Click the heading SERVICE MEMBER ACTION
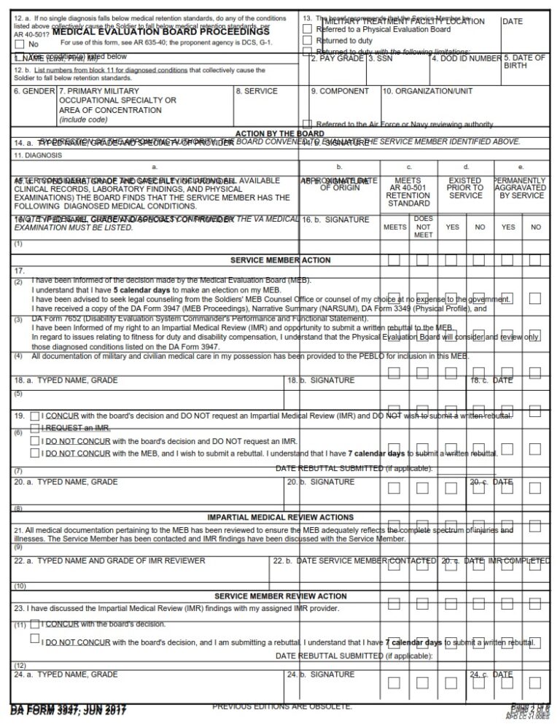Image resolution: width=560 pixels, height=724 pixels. (x=280, y=260)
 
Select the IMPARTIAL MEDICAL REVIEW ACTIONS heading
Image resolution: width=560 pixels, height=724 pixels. (x=280, y=517)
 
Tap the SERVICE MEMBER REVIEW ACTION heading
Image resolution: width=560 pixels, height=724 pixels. (x=280, y=596)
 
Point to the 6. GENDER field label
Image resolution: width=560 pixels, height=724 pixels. (x=34, y=91)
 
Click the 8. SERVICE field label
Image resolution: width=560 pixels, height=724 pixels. (x=256, y=91)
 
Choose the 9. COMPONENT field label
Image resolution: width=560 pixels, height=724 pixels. (x=339, y=91)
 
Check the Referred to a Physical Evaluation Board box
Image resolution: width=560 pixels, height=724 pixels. (x=307, y=29)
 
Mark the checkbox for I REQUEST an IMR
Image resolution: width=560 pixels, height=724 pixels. (x=35, y=428)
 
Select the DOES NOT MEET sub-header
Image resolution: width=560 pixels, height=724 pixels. (x=423, y=227)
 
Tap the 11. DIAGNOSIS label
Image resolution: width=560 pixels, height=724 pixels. (x=39, y=155)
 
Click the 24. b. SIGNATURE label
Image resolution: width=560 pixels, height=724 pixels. (x=321, y=674)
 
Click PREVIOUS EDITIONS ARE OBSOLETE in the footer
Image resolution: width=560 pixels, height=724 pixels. (x=282, y=707)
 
